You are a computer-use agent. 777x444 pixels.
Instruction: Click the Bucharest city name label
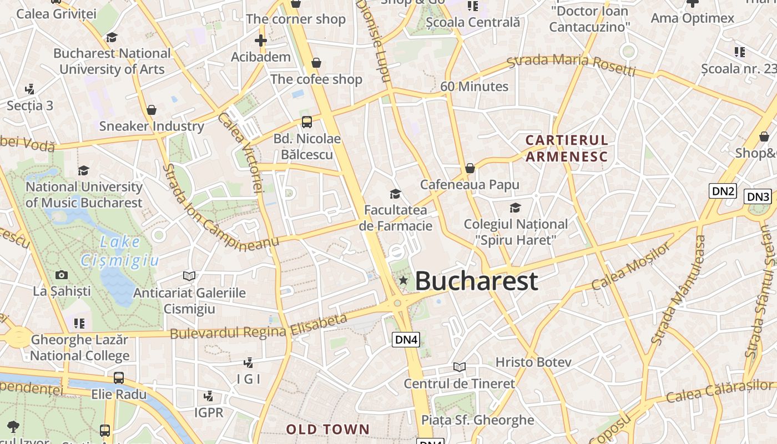tap(476, 281)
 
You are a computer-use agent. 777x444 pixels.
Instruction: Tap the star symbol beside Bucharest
tap(403, 281)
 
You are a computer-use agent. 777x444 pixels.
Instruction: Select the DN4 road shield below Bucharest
tap(406, 340)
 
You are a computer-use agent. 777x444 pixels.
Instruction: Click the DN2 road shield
tap(723, 191)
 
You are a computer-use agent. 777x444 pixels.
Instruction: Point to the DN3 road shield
tap(758, 196)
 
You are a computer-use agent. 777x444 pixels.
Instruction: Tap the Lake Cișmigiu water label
tap(120, 251)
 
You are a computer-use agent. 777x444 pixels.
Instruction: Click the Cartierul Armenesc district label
tap(567, 148)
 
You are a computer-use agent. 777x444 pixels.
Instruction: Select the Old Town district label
tap(327, 429)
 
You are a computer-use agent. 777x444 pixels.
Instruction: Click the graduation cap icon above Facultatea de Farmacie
tap(395, 194)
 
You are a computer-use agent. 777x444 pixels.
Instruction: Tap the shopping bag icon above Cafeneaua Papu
tap(470, 168)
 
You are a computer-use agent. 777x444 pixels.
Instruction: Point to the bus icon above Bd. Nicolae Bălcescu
tap(307, 122)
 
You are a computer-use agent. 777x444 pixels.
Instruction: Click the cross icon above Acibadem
tap(261, 41)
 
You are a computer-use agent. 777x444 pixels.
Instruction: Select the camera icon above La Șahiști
tap(62, 275)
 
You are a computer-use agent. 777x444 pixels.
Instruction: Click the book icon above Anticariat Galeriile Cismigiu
tap(189, 276)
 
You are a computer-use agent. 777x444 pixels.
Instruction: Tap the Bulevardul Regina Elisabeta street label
tap(259, 328)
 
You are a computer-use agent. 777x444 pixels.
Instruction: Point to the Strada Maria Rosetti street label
tap(572, 64)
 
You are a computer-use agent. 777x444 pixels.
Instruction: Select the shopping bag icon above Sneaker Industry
tap(152, 110)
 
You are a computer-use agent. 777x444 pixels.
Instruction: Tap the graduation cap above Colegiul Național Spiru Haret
tap(516, 208)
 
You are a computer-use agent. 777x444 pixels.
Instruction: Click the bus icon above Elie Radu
tap(119, 379)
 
